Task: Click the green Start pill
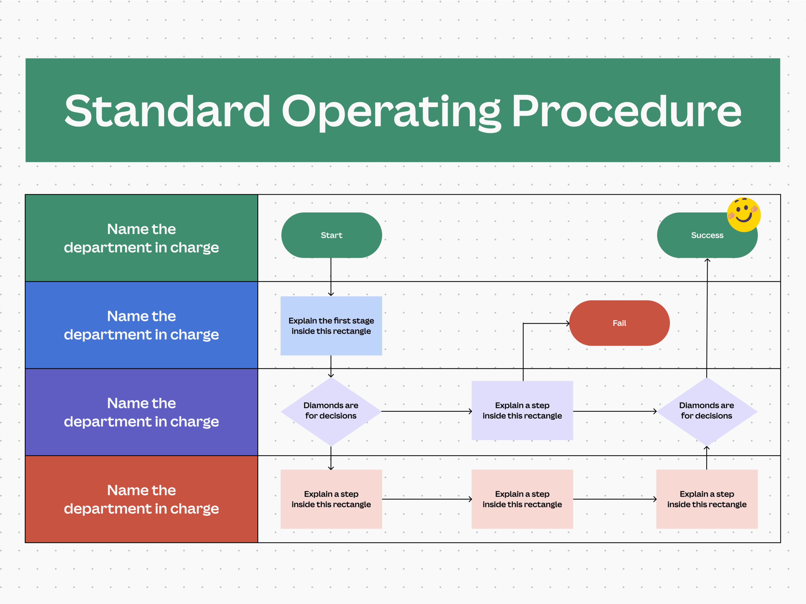(331, 235)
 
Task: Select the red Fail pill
(619, 323)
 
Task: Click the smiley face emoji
(743, 215)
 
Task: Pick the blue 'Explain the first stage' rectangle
(331, 326)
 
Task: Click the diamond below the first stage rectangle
(331, 411)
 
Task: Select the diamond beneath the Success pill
(707, 411)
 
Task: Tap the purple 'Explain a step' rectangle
(522, 410)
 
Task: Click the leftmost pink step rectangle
(331, 499)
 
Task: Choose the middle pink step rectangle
(522, 499)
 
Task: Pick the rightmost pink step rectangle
(707, 499)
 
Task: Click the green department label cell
(141, 238)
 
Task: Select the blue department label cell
(141, 325)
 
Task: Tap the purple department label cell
(141, 412)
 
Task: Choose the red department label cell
(141, 499)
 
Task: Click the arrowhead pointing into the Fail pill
(568, 323)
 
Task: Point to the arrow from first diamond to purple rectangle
(426, 411)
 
